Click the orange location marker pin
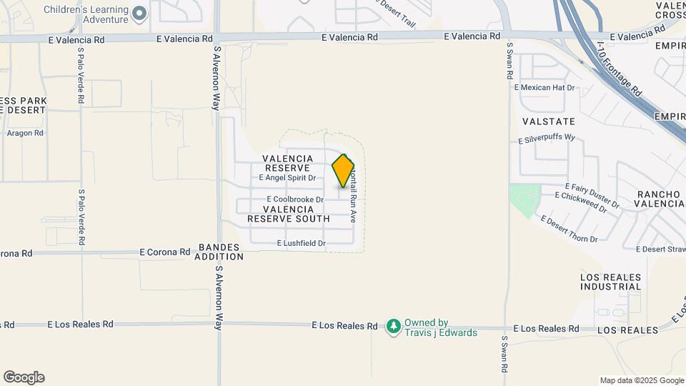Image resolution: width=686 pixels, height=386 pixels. click(344, 171)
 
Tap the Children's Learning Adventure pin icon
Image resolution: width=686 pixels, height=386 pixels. click(140, 12)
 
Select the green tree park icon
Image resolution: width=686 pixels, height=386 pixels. click(393, 327)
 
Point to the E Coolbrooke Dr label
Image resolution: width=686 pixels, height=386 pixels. click(295, 199)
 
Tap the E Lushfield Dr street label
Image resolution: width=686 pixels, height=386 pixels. click(301, 244)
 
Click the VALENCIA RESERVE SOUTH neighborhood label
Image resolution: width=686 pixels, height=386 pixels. click(289, 214)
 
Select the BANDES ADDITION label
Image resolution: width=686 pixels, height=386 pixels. click(217, 251)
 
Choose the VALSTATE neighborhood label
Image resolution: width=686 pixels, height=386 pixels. click(549, 122)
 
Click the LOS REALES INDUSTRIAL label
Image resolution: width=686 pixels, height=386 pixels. click(611, 281)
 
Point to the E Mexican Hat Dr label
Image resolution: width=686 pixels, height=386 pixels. click(545, 87)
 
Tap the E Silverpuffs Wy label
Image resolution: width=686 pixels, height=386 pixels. click(547, 137)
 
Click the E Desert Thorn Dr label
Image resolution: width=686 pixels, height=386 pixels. click(569, 229)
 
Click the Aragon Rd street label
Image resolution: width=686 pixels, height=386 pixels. click(25, 133)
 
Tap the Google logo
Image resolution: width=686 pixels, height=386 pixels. click(24, 377)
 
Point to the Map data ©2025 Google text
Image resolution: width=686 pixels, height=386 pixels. click(642, 380)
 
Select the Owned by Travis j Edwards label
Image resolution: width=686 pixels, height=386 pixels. click(436, 327)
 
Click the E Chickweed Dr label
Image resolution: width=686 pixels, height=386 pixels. click(581, 200)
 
